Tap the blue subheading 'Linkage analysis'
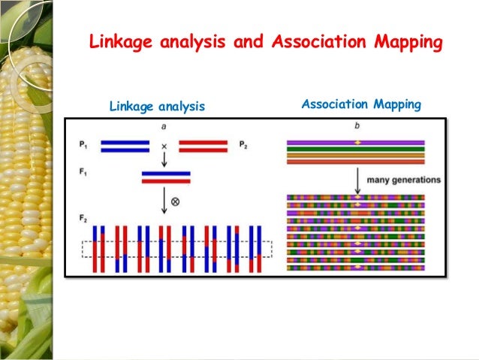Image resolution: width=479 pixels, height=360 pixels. [x=157, y=107]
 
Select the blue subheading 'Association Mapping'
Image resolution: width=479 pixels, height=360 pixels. [x=361, y=104]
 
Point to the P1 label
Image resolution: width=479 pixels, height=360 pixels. [x=81, y=144]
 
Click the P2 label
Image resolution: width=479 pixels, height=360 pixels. [x=243, y=144]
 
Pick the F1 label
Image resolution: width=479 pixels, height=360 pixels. [x=81, y=172]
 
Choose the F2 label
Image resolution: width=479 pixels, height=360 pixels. [x=81, y=217]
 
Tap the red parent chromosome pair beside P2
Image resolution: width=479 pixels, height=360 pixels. [x=203, y=145]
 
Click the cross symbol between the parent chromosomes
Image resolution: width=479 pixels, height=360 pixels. [x=164, y=145]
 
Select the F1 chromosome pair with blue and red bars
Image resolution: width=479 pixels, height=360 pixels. [x=165, y=177]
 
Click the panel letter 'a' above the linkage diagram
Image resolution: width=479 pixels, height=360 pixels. [x=164, y=126]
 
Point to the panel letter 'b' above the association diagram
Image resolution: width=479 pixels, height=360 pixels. [x=357, y=126]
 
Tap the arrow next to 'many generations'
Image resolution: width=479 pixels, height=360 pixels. [x=357, y=179]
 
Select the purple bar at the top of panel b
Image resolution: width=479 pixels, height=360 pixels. [x=356, y=142]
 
